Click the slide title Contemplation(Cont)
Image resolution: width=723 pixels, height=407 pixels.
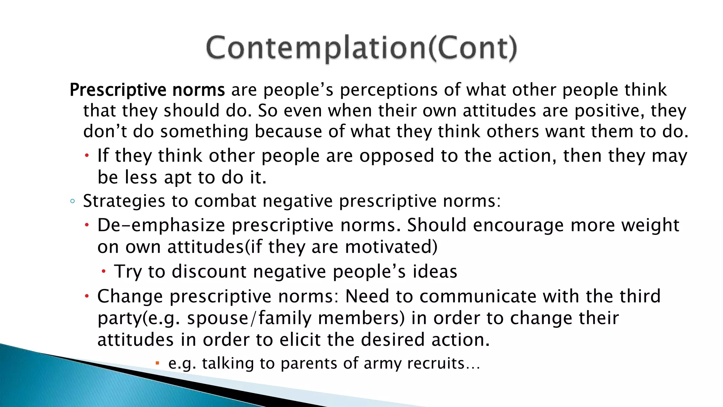361,48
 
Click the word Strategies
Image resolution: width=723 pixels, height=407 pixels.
124,201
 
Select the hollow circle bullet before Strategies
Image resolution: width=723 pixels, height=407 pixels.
72,201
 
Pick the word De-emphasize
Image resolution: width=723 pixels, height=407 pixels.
161,225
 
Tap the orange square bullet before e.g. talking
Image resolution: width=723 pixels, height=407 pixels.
157,363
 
